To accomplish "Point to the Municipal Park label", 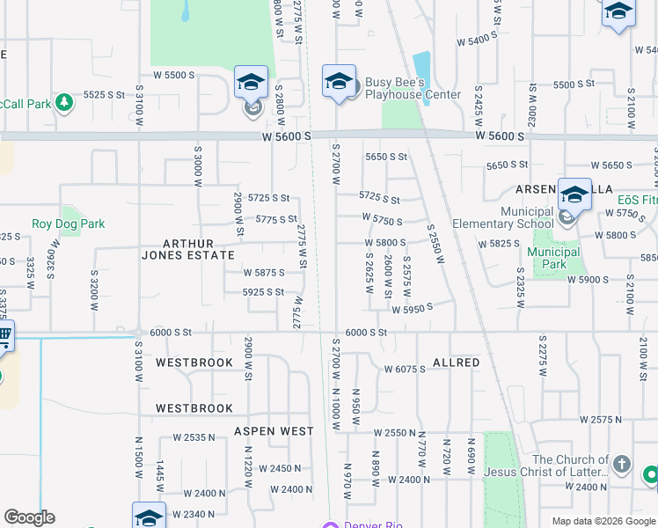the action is pos(553,258).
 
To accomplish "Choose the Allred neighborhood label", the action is pos(456,363).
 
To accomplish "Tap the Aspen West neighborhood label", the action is pos(274,431).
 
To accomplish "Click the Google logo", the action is pos(29,517).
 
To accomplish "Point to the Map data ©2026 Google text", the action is pos(603,521).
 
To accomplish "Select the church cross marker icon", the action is pos(622,464).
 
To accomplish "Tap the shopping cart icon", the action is pos(4,335).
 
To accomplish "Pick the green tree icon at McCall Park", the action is pos(63,103).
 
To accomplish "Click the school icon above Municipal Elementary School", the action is pos(574,194).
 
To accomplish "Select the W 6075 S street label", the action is pos(405,370).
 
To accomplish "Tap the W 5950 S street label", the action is pos(413,310).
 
